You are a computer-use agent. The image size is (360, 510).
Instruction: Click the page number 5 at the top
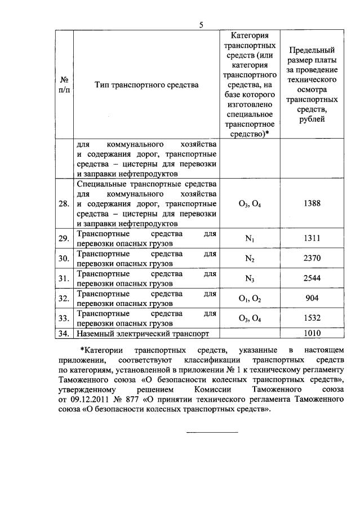pyautogui.click(x=201, y=24)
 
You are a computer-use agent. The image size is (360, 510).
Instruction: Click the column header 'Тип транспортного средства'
pyautogui.click(x=146, y=85)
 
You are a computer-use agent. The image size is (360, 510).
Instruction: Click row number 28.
pyautogui.click(x=64, y=203)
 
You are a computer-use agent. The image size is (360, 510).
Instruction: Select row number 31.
pyautogui.click(x=64, y=278)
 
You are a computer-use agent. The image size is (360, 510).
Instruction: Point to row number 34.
pyautogui.click(x=64, y=333)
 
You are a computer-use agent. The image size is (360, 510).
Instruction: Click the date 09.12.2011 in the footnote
pyautogui.click(x=92, y=400)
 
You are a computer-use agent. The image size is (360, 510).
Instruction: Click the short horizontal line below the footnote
pyautogui.click(x=212, y=432)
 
